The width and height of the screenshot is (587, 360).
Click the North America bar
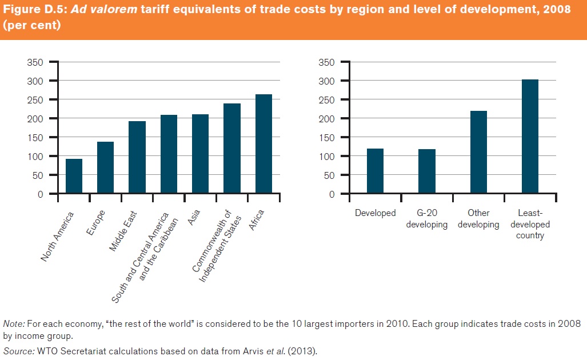pyautogui.click(x=74, y=177)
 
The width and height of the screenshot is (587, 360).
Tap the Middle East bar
pyautogui.click(x=137, y=158)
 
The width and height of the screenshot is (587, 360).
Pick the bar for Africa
pyautogui.click(x=263, y=144)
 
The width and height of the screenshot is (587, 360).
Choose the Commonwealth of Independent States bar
pyautogui.click(x=232, y=149)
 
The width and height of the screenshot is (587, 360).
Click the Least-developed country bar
pyautogui.click(x=530, y=137)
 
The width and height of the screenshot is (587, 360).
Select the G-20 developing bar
pyautogui.click(x=427, y=171)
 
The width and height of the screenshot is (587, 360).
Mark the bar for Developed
pyautogui.click(x=375, y=171)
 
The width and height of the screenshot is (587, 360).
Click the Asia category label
pyautogui.click(x=195, y=220)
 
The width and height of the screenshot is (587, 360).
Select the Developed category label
pyautogui.click(x=375, y=213)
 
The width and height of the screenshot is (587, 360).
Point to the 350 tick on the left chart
pyautogui.click(x=36, y=62)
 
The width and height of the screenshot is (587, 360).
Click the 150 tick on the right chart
pyautogui.click(x=325, y=138)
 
